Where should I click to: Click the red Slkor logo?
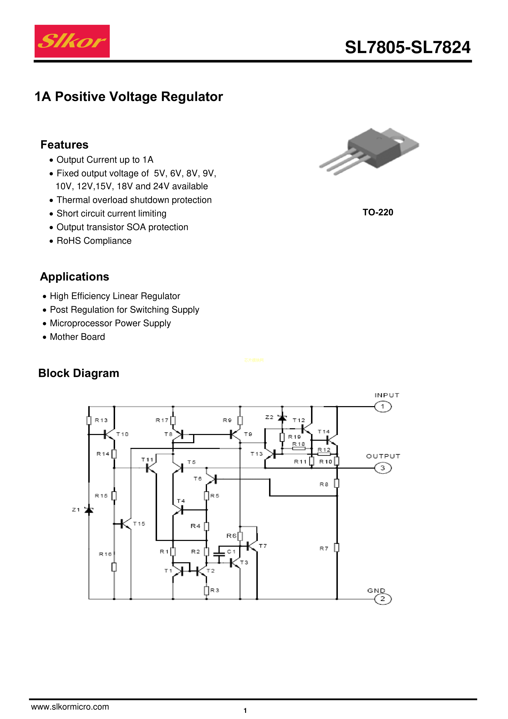pyautogui.click(x=72, y=41)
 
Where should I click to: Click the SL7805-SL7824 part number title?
pyautogui.click(x=407, y=48)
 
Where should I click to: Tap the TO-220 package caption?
pyautogui.click(x=378, y=212)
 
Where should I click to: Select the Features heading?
pyautogui.click(x=64, y=145)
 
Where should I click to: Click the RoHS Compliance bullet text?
pyautogui.click(x=94, y=241)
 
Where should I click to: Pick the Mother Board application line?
pyautogui.click(x=77, y=337)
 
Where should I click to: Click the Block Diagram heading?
pyautogui.click(x=79, y=373)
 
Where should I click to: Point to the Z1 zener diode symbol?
pyautogui.click(x=89, y=510)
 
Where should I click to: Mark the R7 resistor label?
pyautogui.click(x=324, y=548)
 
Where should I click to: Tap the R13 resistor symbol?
pyautogui.click(x=89, y=420)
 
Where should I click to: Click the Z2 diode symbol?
pyautogui.click(x=282, y=418)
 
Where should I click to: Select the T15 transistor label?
pyautogui.click(x=139, y=524)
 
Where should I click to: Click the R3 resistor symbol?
pyautogui.click(x=207, y=590)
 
